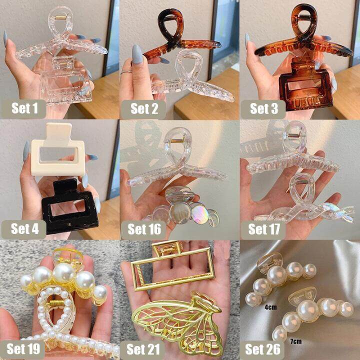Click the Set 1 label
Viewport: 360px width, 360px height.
click(24, 108)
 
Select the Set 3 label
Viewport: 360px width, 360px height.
click(263, 109)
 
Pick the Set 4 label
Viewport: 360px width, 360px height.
click(24, 229)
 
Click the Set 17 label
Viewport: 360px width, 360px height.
click(263, 229)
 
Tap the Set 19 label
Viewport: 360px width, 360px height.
click(22, 349)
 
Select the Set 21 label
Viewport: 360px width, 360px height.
click(143, 349)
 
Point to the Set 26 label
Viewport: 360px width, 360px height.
click(262, 349)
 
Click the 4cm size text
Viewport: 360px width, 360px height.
click(270, 307)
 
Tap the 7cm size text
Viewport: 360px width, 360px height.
click(295, 341)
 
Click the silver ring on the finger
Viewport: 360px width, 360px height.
click(126, 72)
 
